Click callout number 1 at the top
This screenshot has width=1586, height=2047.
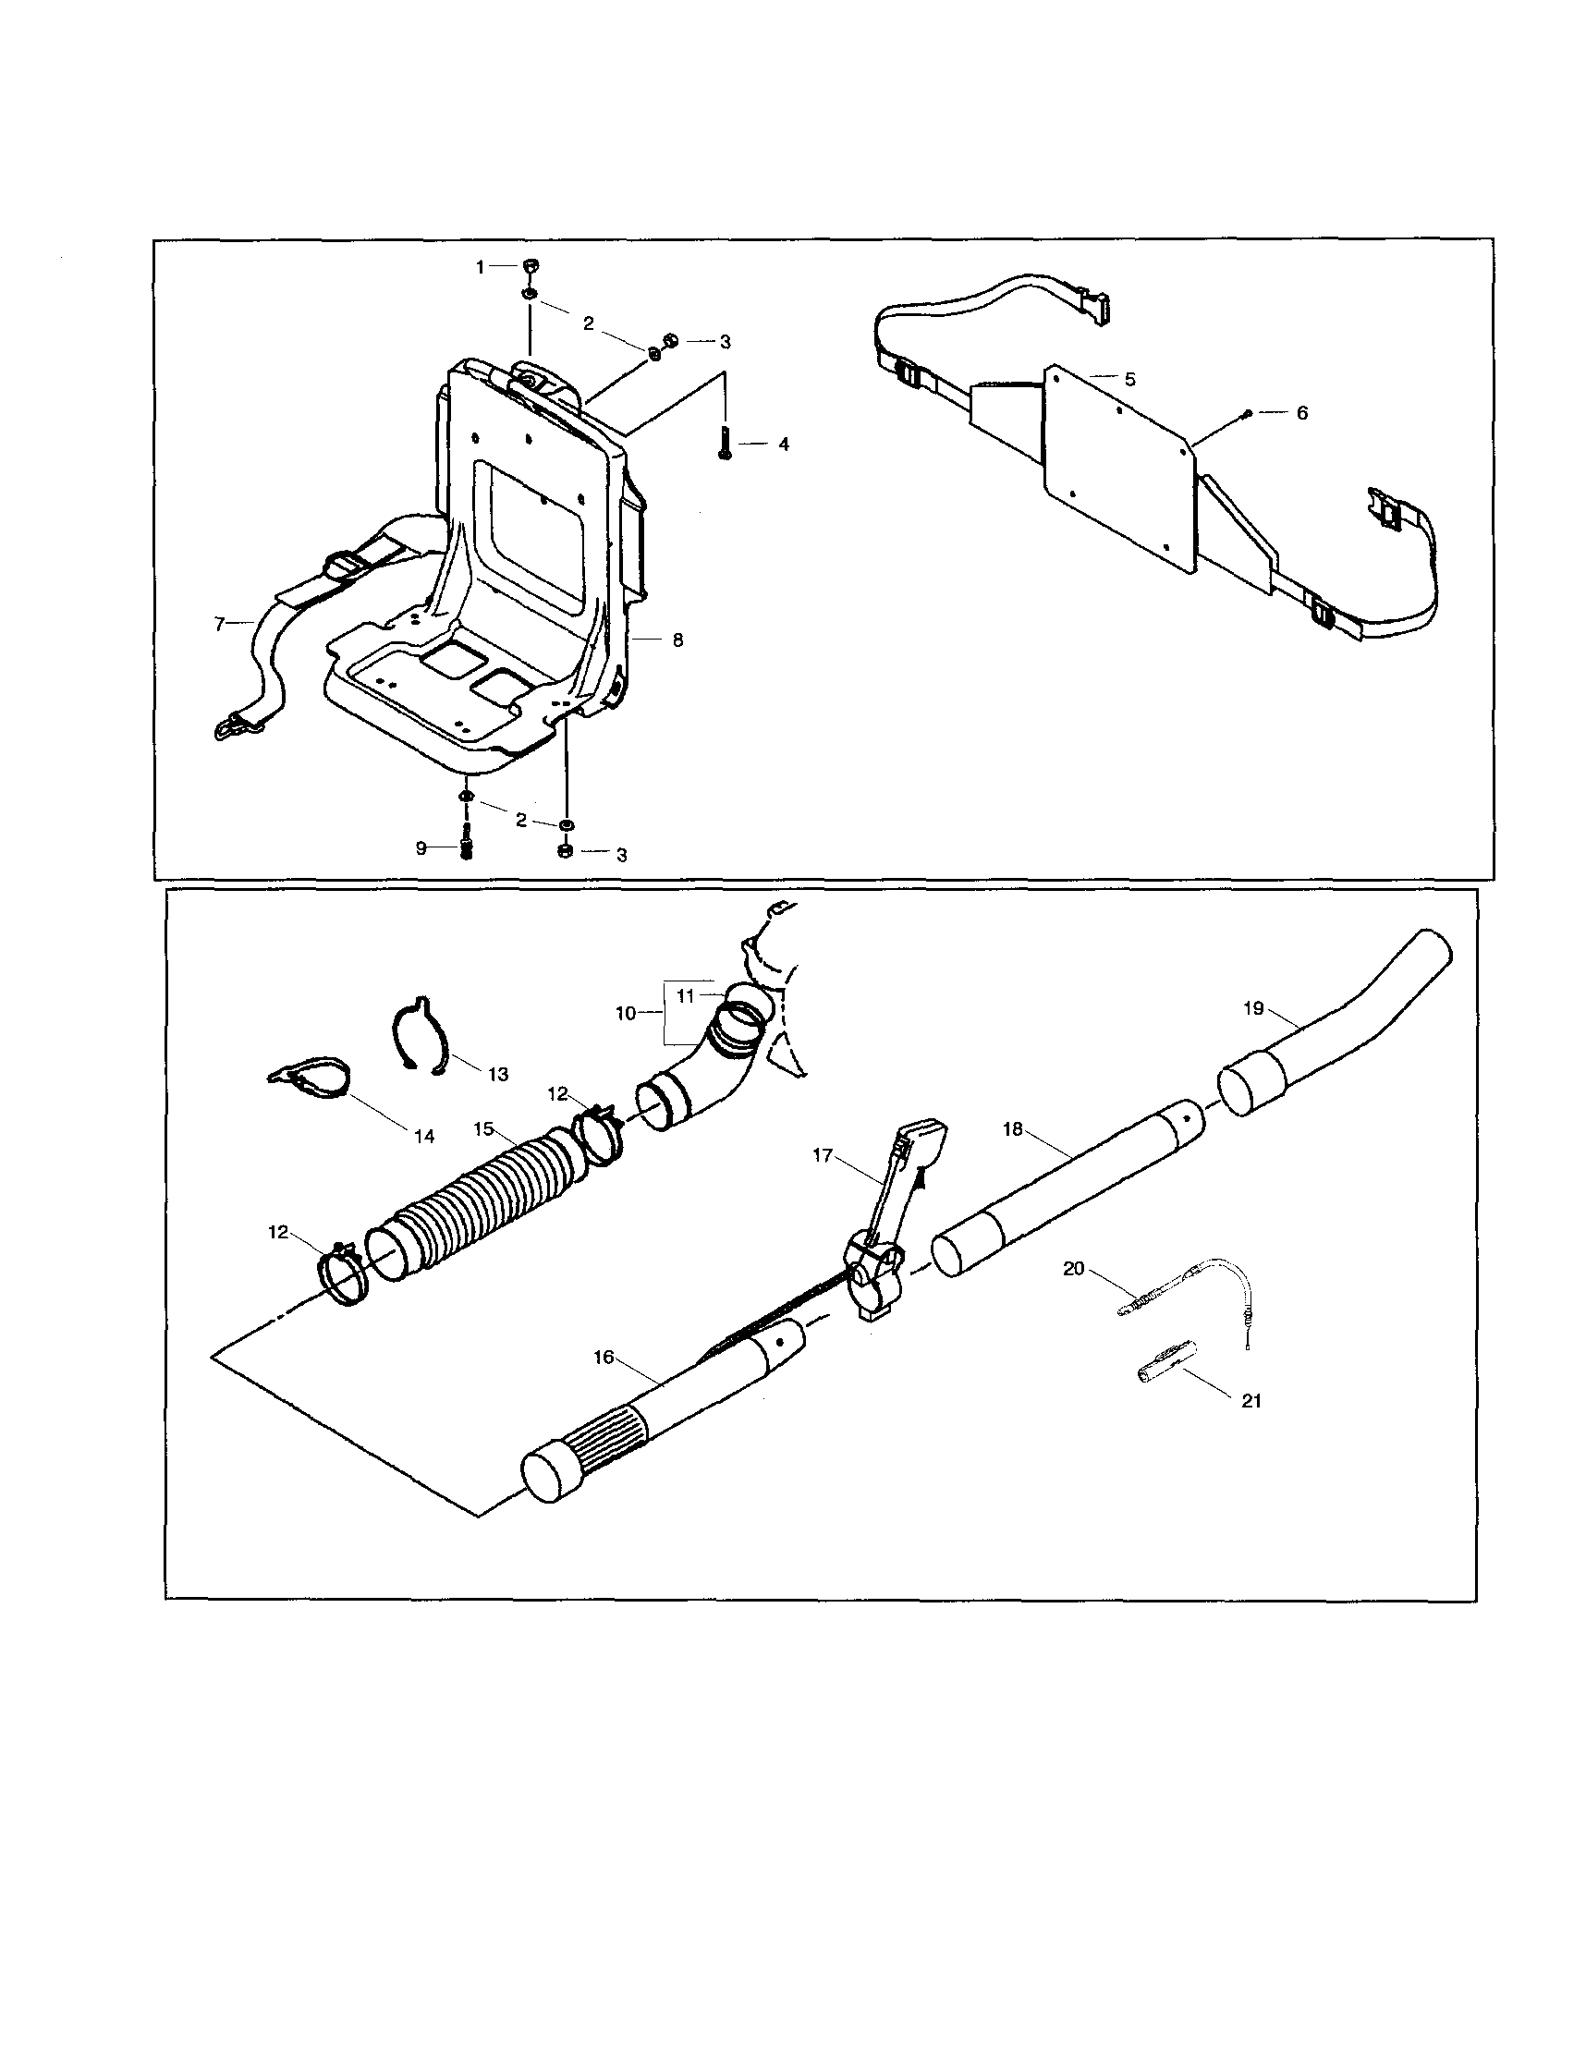(x=481, y=267)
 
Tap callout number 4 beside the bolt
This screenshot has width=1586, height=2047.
(x=784, y=445)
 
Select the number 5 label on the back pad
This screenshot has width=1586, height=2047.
(x=1129, y=380)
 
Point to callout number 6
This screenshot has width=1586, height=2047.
(x=1301, y=412)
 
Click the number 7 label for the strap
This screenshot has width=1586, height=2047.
(x=220, y=623)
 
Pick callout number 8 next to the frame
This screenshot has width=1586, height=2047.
(x=677, y=640)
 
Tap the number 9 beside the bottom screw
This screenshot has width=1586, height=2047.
(x=421, y=848)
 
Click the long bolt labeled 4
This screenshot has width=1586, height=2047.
(x=725, y=442)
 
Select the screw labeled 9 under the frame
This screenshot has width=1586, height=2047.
(x=466, y=848)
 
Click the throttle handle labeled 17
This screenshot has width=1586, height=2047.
(x=896, y=1209)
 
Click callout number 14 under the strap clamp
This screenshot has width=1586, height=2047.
(x=424, y=1136)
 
